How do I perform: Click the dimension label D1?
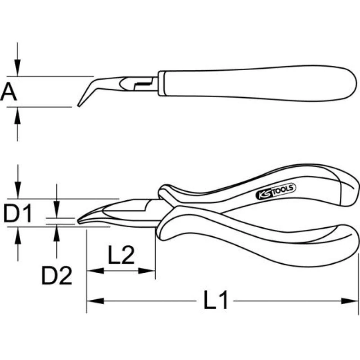click(x=18, y=215)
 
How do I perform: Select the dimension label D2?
click(x=57, y=276)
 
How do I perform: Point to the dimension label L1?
click(x=216, y=300)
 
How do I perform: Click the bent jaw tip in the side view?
click(x=79, y=105)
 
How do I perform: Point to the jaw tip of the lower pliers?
click(x=80, y=221)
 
